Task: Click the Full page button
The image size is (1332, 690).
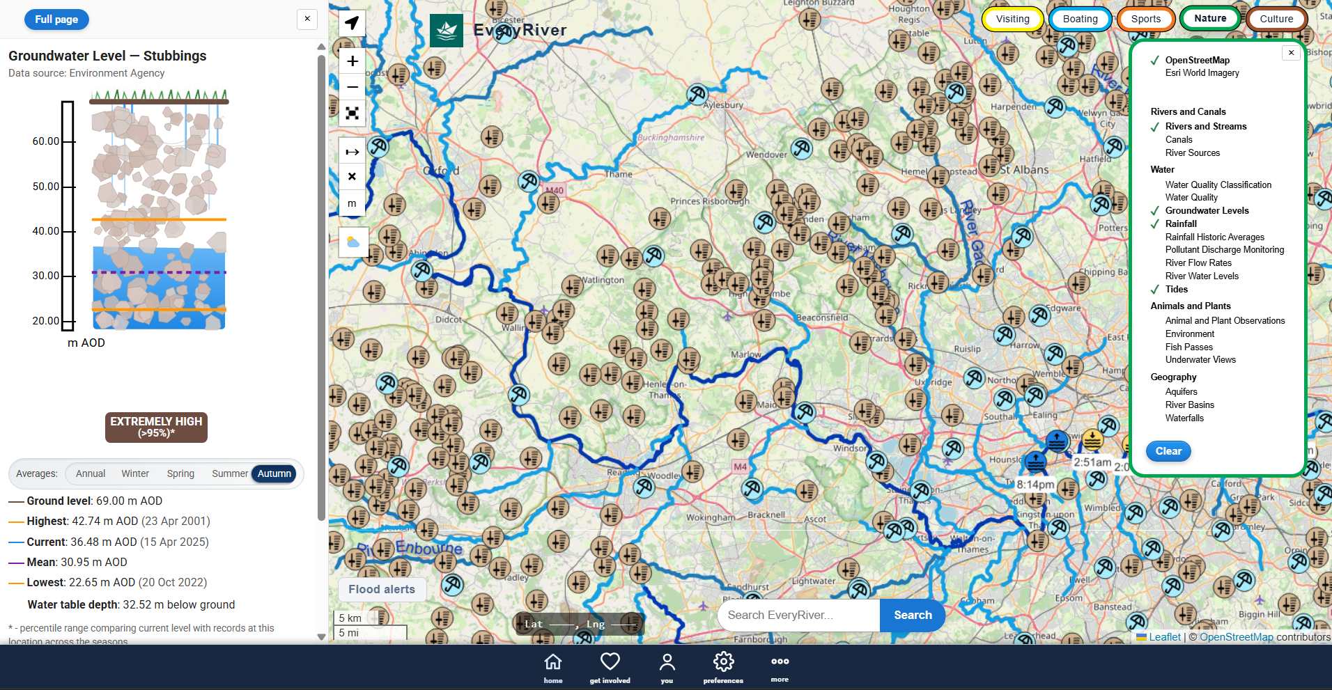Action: (56, 19)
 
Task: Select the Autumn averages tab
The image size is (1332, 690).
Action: (274, 473)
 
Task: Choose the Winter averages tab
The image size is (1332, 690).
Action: (135, 473)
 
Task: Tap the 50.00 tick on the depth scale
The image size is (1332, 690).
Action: (46, 187)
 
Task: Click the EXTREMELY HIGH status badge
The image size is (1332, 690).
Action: (156, 427)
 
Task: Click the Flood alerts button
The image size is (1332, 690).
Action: (382, 589)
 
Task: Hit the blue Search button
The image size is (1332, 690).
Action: (913, 615)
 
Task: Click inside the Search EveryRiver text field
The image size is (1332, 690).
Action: (798, 615)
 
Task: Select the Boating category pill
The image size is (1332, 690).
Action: (1080, 19)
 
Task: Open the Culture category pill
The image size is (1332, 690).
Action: (1276, 19)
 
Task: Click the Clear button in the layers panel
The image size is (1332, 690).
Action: (1168, 451)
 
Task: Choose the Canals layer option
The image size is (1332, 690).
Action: (1179, 139)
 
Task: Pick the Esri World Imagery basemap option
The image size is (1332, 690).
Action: (1202, 72)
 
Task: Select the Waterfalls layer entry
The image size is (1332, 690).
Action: (1184, 418)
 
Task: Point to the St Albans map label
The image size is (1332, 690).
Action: (1024, 169)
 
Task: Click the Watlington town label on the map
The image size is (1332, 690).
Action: (603, 280)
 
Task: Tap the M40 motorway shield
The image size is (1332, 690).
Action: (555, 190)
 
